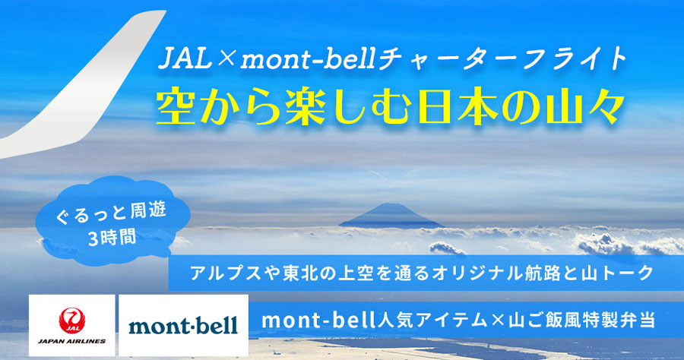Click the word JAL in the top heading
click(x=185, y=58)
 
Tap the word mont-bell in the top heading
click(x=307, y=59)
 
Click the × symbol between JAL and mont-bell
click(x=226, y=59)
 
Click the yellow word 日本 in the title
click(x=457, y=108)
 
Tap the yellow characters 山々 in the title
click(x=579, y=108)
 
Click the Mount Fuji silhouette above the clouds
click(x=391, y=216)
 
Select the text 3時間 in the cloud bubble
click(x=112, y=238)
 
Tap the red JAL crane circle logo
click(x=72, y=321)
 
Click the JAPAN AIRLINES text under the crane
click(x=72, y=341)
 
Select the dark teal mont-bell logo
click(x=183, y=326)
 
